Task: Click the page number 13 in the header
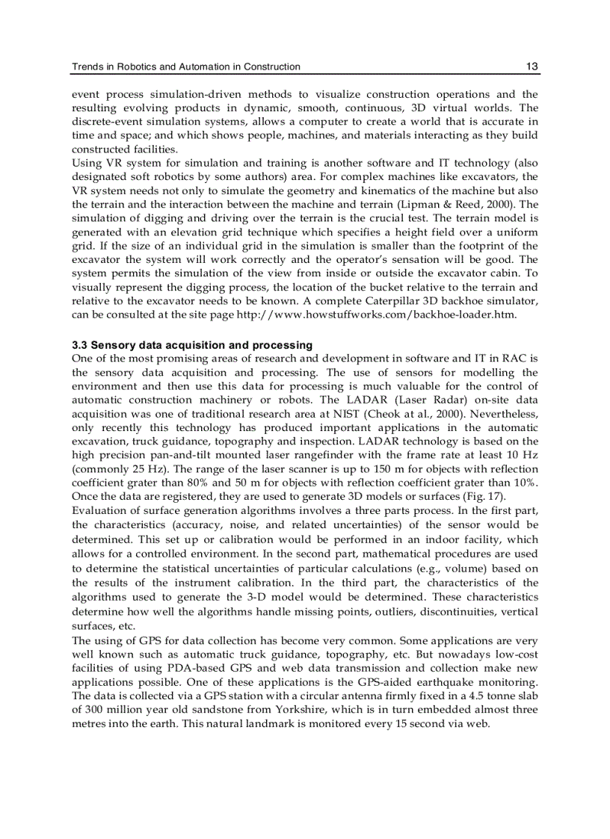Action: point(532,66)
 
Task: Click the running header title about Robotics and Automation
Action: point(186,66)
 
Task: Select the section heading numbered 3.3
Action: point(192,345)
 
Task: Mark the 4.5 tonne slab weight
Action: point(494,696)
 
